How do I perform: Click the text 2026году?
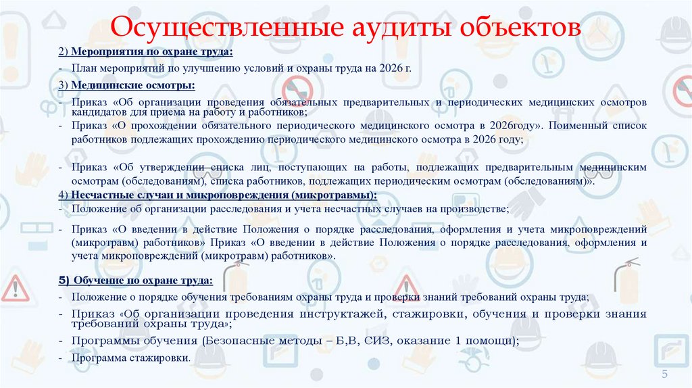click(506, 126)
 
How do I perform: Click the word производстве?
click(478, 209)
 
